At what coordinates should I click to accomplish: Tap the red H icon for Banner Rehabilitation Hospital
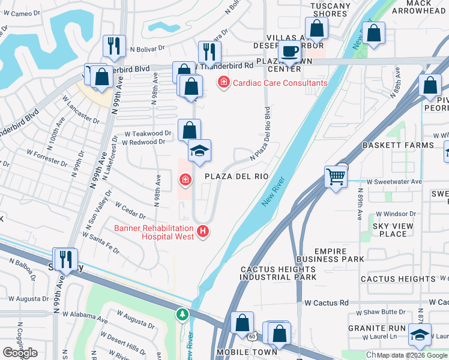click(x=203, y=230)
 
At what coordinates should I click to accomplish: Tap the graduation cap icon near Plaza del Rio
click(x=199, y=151)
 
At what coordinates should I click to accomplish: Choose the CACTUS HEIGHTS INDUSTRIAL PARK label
click(x=278, y=274)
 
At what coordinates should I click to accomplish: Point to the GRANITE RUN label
click(x=381, y=328)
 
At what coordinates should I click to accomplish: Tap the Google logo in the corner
click(x=20, y=353)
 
